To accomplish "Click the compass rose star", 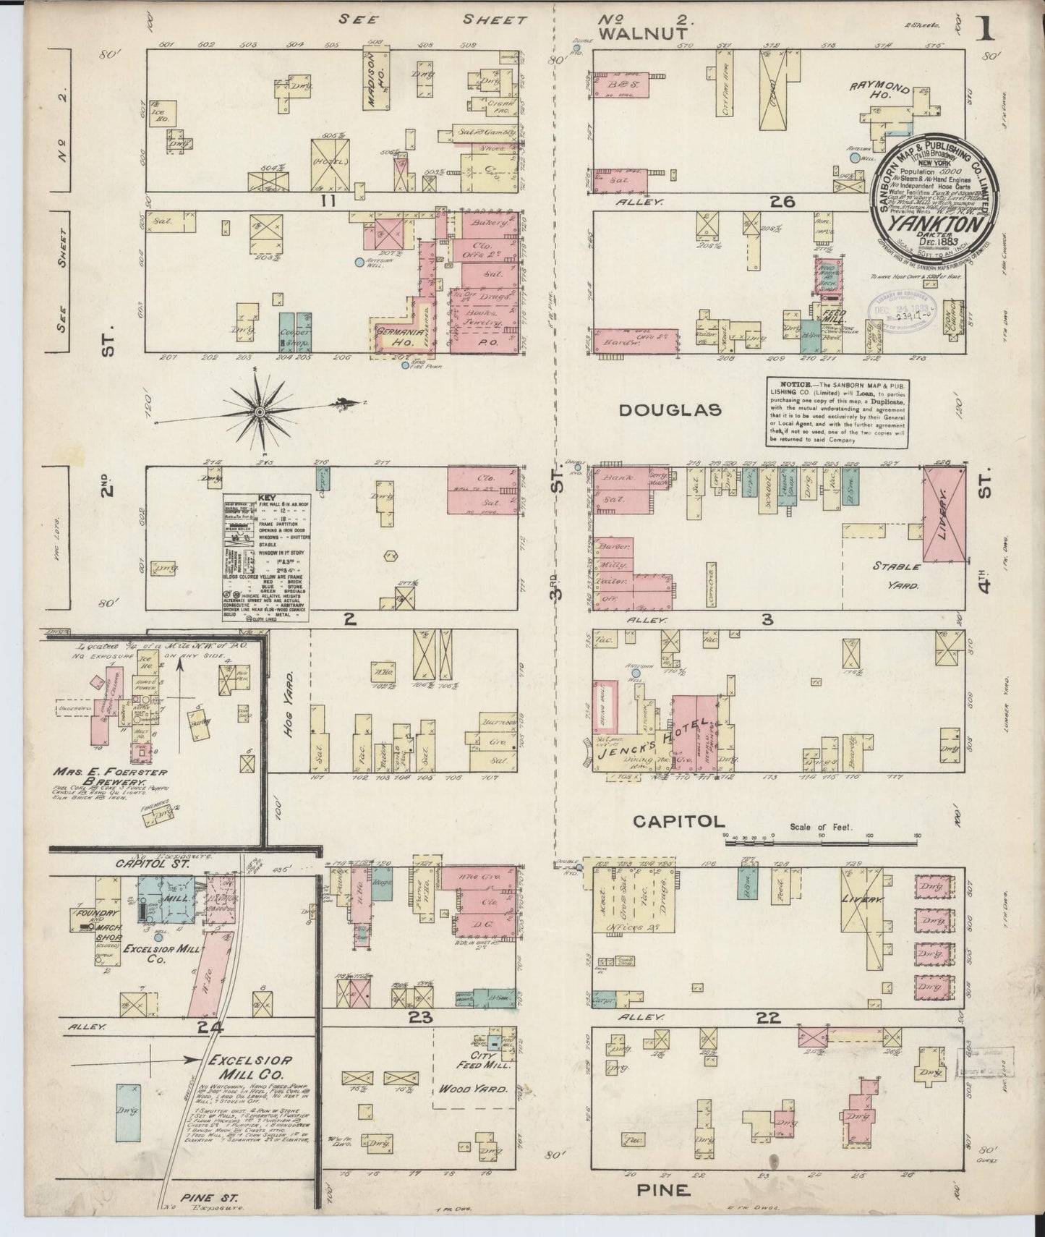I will (258, 412).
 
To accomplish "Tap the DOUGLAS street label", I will (670, 410).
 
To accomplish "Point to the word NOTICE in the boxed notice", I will (796, 383).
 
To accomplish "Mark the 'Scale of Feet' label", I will (821, 827).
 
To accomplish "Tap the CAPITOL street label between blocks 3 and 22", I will (678, 821).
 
